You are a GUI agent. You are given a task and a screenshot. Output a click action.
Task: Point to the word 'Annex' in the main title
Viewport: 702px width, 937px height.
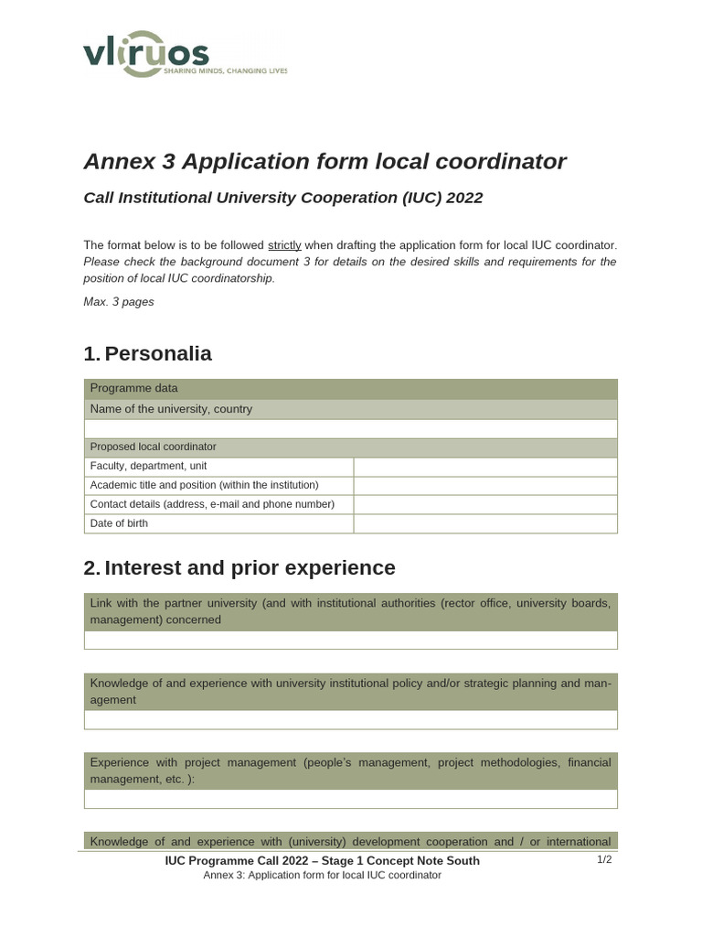click(x=118, y=162)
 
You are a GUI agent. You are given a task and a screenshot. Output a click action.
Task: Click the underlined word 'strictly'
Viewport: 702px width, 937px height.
click(x=284, y=245)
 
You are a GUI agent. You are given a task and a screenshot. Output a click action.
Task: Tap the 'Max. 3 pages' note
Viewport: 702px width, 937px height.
click(x=119, y=302)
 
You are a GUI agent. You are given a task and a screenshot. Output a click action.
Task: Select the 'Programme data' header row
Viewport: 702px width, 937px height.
click(x=350, y=389)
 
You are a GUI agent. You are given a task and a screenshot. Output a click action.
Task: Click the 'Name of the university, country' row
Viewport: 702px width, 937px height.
click(x=350, y=409)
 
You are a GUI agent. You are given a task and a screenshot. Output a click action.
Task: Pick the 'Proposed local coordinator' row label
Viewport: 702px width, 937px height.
click(x=154, y=447)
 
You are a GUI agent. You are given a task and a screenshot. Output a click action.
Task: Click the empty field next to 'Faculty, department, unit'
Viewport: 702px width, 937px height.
click(x=484, y=467)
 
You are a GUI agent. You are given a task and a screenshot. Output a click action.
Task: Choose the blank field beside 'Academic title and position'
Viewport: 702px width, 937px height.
click(x=484, y=486)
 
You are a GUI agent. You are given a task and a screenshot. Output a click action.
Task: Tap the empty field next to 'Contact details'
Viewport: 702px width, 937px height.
click(x=484, y=504)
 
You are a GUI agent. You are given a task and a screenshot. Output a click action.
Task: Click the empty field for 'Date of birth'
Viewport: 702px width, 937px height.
click(x=484, y=523)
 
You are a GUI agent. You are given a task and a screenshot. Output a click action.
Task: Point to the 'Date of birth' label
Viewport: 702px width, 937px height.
click(x=119, y=523)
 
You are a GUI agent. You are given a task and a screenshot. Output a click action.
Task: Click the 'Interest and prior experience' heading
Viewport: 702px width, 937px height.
click(x=250, y=568)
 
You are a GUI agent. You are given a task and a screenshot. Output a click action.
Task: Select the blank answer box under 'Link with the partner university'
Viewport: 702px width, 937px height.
click(x=350, y=641)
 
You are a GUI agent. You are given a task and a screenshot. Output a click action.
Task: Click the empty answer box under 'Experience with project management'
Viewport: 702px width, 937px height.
click(x=350, y=799)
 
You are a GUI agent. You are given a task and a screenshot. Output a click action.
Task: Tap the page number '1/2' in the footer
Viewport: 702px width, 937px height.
click(x=604, y=860)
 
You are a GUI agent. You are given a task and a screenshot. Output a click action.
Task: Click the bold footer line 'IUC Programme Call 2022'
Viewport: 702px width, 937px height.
click(x=322, y=861)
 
